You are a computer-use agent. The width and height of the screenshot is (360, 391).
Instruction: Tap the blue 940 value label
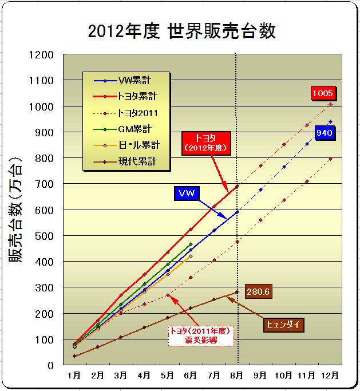pos(325,133)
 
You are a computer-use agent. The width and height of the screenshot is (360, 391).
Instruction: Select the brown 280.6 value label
pos(258,291)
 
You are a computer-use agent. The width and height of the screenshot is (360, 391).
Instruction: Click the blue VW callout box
pos(187,194)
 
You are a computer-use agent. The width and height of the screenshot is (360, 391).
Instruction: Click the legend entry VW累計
pos(135,80)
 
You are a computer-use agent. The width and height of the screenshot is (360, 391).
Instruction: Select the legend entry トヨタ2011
pos(135,113)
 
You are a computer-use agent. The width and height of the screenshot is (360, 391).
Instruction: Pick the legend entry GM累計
pos(135,129)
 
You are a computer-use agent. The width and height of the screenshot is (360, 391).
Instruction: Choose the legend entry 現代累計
pos(135,161)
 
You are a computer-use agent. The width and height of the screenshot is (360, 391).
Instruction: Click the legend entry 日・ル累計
pos(135,145)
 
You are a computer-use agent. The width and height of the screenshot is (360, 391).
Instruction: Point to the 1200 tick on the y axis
pos(43,55)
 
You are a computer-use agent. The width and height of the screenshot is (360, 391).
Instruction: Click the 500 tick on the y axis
pos(46,236)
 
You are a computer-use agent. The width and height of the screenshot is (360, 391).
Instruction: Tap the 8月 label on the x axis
pos(237,376)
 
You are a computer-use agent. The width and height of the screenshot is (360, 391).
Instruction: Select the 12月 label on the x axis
pos(330,376)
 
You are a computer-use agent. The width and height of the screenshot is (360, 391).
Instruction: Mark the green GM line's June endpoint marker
pos(191,244)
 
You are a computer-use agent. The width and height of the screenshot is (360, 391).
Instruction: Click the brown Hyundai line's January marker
pos(74,356)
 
